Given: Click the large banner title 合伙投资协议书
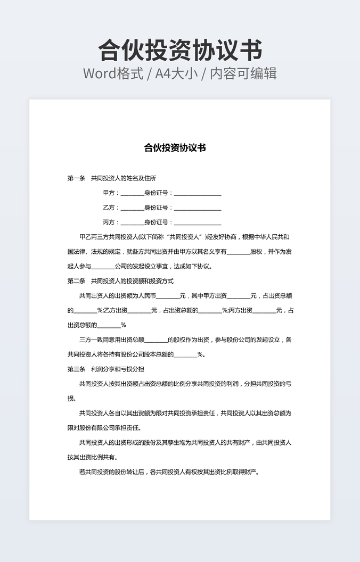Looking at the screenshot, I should click(180, 51).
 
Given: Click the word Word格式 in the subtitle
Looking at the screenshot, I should click(113, 73).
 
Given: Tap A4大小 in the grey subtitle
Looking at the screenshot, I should click(176, 73).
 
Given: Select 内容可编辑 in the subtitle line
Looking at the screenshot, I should click(243, 73).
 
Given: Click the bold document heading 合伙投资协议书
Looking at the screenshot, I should click(175, 148).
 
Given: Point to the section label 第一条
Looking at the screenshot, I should click(76, 178).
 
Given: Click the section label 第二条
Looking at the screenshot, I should click(76, 281).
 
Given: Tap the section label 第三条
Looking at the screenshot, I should click(76, 369).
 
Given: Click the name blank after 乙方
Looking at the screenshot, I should click(132, 209).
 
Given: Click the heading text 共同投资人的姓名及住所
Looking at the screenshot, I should click(124, 178).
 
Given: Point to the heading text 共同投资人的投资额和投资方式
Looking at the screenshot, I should click(132, 281).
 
